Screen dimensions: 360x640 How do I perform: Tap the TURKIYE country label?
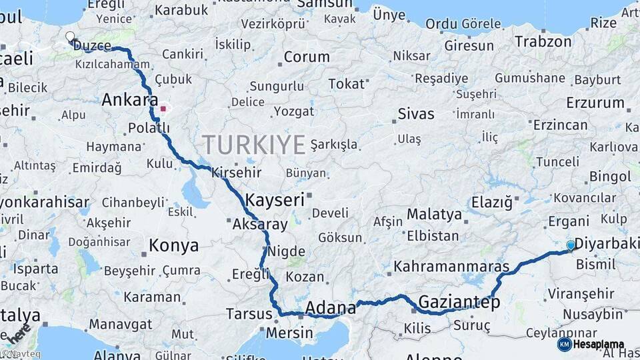(x=253, y=144)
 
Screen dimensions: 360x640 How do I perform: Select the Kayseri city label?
(x=275, y=199)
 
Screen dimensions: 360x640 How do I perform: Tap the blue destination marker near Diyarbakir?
(x=570, y=245)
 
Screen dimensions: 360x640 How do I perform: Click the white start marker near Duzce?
(x=71, y=37)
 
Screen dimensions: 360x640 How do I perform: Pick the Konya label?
(x=173, y=245)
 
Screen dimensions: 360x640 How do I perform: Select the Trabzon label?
(x=543, y=41)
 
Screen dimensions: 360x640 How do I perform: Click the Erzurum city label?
(x=595, y=103)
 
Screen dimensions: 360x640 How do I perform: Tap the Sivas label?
(x=416, y=114)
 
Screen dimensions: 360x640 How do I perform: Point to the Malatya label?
(x=434, y=215)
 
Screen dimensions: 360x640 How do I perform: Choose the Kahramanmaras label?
(x=451, y=267)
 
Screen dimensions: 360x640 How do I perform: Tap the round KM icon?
(x=565, y=344)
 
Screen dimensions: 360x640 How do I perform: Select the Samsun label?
(x=323, y=4)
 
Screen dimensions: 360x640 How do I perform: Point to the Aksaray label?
(x=259, y=225)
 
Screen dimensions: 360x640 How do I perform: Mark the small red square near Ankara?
(x=163, y=107)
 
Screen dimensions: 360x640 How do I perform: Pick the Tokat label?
(x=347, y=84)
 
